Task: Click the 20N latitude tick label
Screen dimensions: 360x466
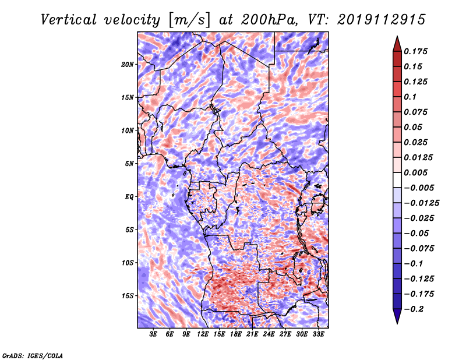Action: click(128, 64)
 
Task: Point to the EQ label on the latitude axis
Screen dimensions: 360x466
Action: click(129, 197)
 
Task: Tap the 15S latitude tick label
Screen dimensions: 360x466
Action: click(128, 296)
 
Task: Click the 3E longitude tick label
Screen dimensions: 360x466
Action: click(154, 335)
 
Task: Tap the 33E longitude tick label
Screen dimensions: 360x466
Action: click(319, 335)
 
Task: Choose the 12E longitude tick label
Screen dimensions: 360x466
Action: click(203, 335)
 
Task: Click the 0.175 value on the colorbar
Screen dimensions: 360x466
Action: click(416, 51)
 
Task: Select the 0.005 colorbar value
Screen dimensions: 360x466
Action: click(416, 172)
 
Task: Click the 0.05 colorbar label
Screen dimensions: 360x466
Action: click(414, 127)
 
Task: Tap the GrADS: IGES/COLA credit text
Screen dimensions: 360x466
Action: click(32, 355)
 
